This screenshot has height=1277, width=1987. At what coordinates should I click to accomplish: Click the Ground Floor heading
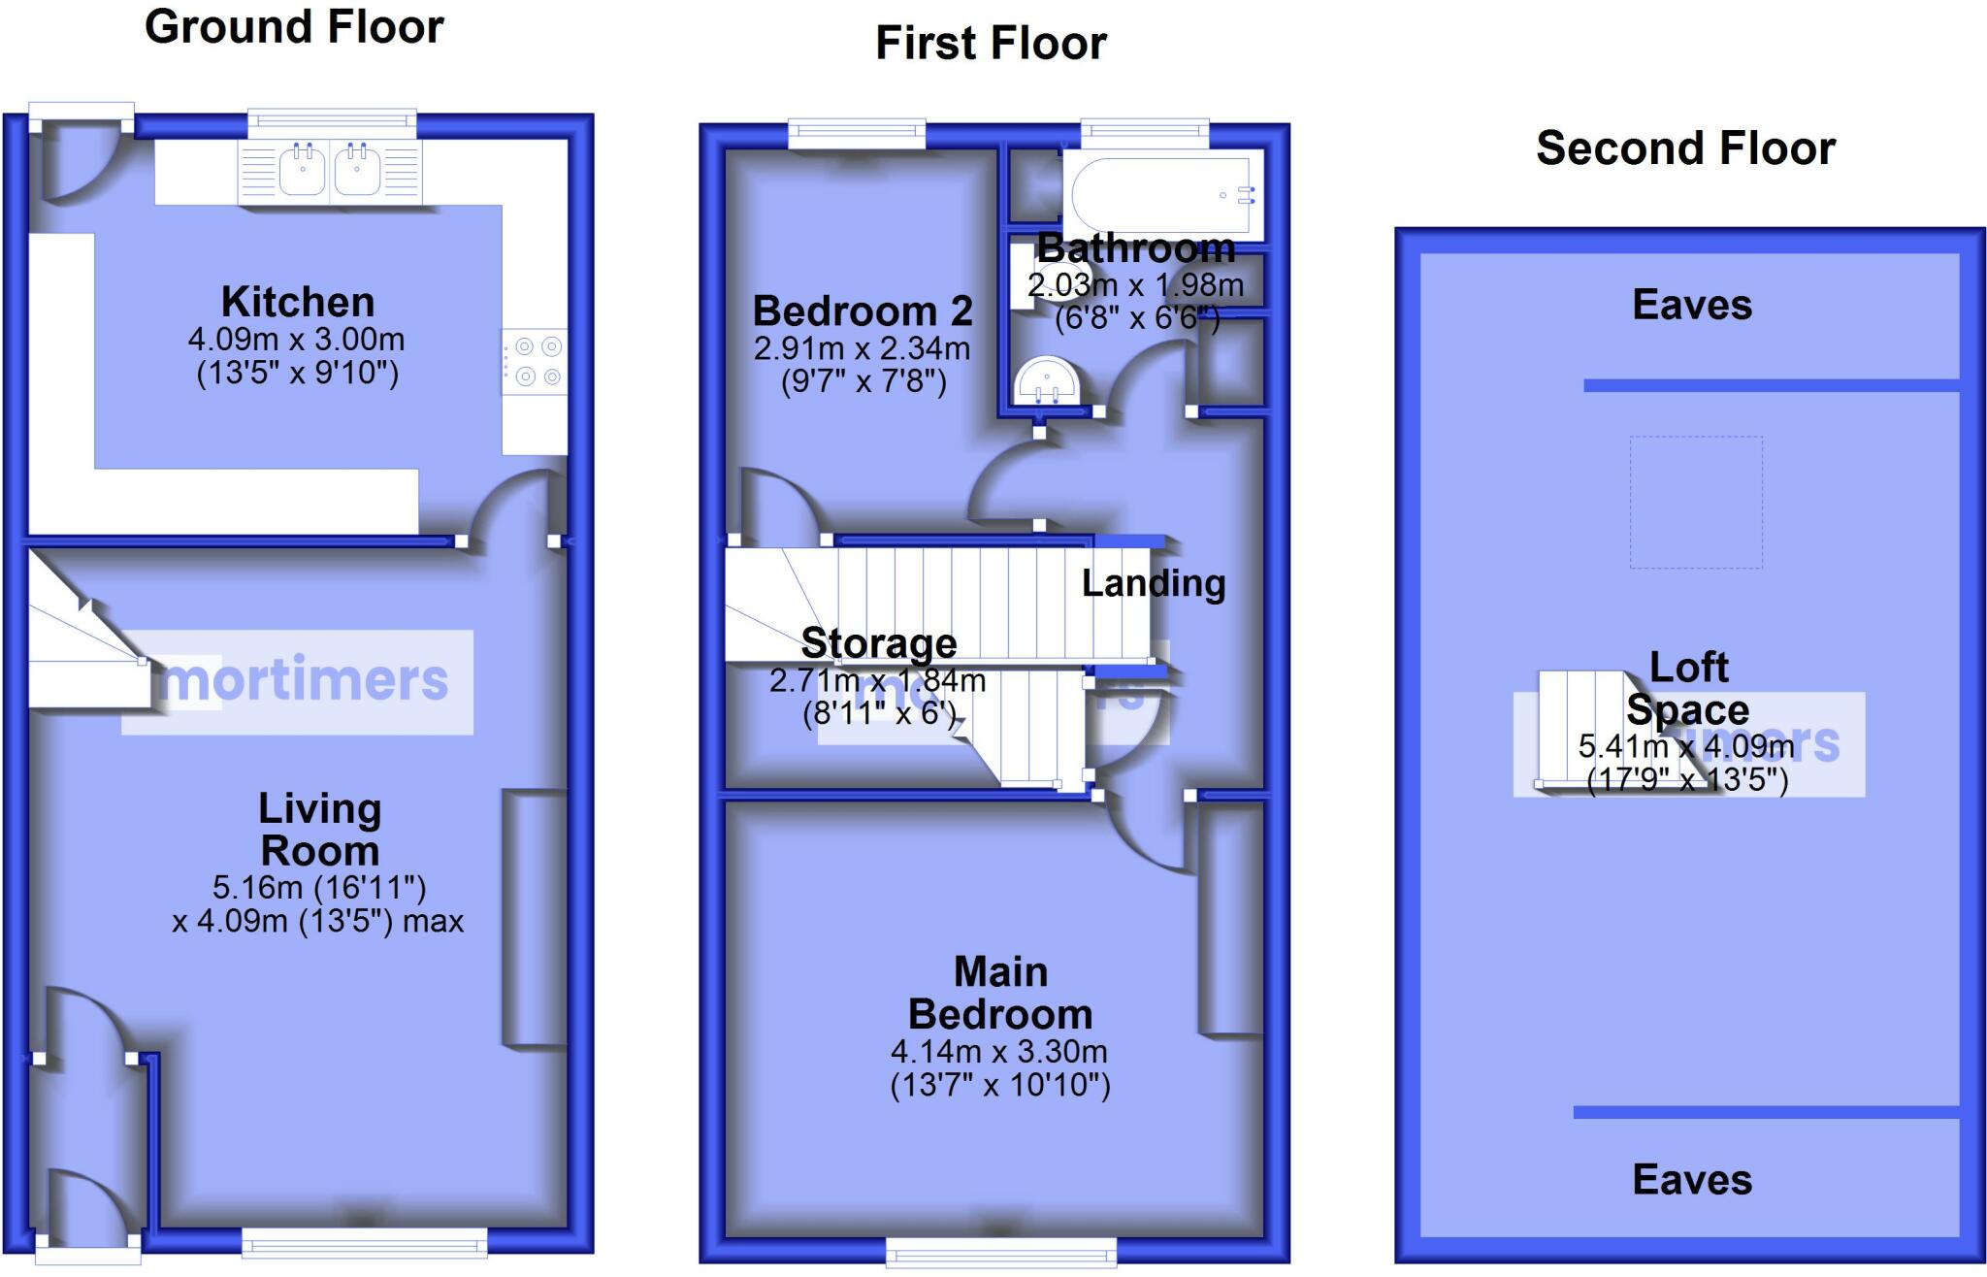[x=294, y=27]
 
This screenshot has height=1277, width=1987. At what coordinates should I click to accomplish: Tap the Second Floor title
[x=1685, y=148]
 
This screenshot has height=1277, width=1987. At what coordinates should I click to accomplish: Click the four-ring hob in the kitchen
[x=534, y=362]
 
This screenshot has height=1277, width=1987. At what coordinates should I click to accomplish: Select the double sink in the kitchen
[x=330, y=173]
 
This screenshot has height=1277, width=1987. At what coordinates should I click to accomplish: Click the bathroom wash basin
[x=1046, y=380]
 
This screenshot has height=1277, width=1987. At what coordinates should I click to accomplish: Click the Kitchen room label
[x=298, y=302]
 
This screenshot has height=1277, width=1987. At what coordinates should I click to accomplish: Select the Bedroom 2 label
[x=863, y=311]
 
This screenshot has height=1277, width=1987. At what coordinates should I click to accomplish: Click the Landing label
[x=1154, y=583]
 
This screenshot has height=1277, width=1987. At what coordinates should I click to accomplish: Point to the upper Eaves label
[x=1692, y=305]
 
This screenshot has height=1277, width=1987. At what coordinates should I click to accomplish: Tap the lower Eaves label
[x=1692, y=1180]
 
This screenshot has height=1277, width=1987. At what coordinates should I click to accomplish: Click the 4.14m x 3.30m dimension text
[x=999, y=1052]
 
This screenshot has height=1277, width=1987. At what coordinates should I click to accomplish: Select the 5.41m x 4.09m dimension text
[x=1686, y=746]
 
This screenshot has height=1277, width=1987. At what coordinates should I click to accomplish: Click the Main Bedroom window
[x=1001, y=1252]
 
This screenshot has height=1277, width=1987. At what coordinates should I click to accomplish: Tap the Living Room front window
[x=364, y=1243]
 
